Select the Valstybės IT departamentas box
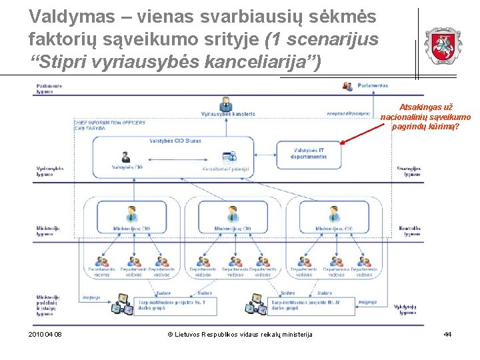pyautogui.click(x=309, y=153)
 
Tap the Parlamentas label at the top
pyautogui.click(x=372, y=85)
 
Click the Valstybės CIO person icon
pyautogui.click(x=125, y=157)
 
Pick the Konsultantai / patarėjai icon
pyautogui.click(x=230, y=157)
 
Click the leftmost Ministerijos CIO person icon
pyautogui.click(x=131, y=214)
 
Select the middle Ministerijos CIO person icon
pyautogui.click(x=233, y=214)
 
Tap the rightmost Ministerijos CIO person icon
pyautogui.click(x=334, y=214)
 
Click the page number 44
pyautogui.click(x=447, y=333)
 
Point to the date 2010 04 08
pyautogui.click(x=46, y=333)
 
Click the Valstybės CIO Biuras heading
pyautogui.click(x=175, y=141)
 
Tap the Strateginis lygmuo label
pyautogui.click(x=408, y=171)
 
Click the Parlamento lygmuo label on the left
pyautogui.click(x=49, y=88)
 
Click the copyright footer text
pyautogui.click(x=239, y=333)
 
